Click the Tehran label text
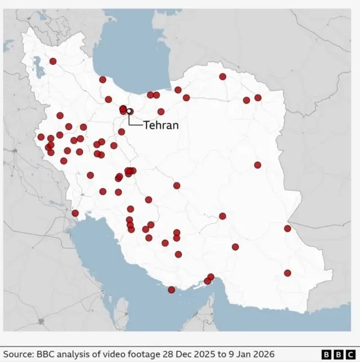pyautogui.click(x=161, y=125)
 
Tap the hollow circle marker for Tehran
pyautogui.click(x=129, y=111)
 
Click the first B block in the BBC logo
pyautogui.click(x=326, y=354)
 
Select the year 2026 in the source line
pyautogui.click(x=266, y=354)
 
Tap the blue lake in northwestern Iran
pyautogui.click(x=39, y=66)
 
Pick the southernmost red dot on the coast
pyautogui.click(x=172, y=290)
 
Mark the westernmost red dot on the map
pyautogui.click(x=41, y=137)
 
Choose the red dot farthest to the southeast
pyautogui.click(x=287, y=273)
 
